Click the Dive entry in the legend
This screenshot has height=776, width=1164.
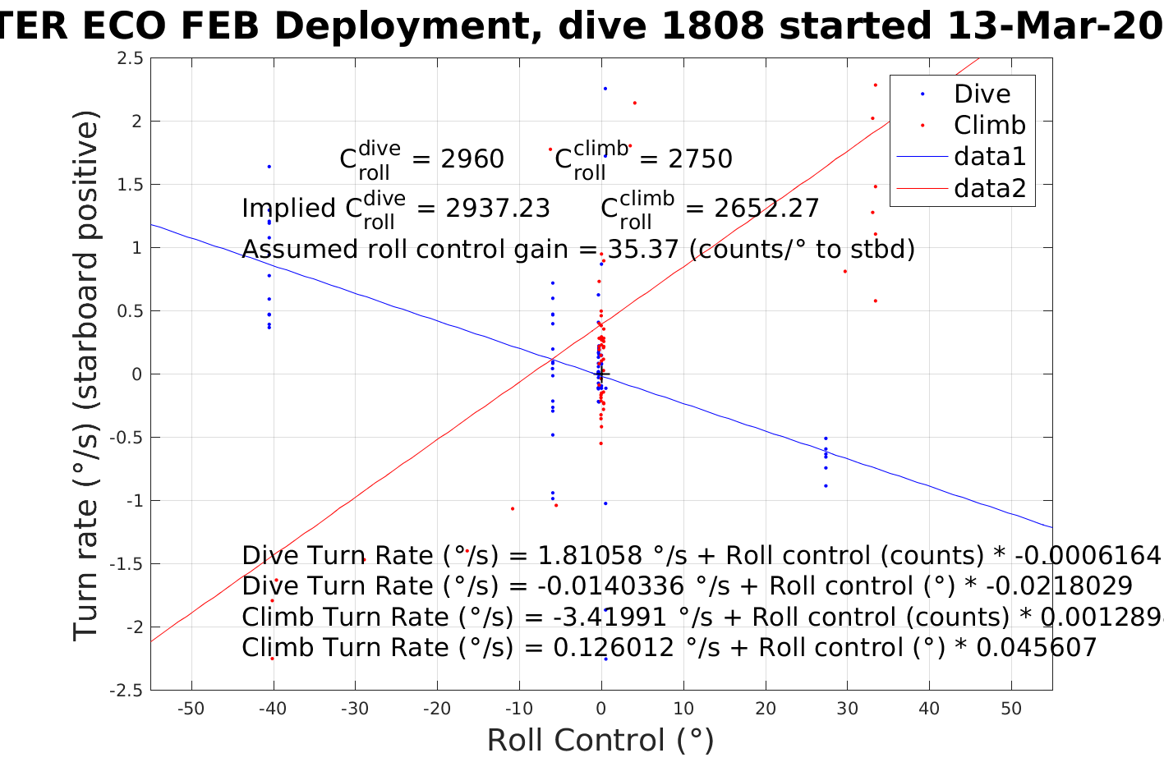tap(982, 94)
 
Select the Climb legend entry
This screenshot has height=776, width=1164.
tap(989, 125)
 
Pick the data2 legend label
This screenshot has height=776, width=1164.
tap(990, 188)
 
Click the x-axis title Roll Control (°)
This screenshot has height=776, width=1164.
tap(600, 741)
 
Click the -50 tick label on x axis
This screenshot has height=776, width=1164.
tap(191, 709)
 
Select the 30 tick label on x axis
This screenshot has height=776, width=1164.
tap(847, 709)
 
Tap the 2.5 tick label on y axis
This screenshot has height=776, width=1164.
tap(130, 58)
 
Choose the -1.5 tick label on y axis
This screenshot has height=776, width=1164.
tap(127, 564)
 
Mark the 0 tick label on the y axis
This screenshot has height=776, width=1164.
tap(137, 374)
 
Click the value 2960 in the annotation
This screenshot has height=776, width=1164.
tap(472, 159)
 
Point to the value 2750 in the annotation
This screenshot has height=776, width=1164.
tap(700, 159)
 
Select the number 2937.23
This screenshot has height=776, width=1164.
tap(498, 209)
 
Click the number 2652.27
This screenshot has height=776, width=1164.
tap(766, 209)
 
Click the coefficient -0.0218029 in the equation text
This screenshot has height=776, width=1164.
tap(1059, 586)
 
